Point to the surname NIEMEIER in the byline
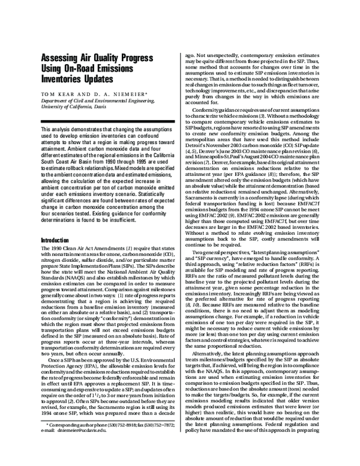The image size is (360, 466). click(128, 95)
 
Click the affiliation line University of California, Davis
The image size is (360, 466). click(71, 108)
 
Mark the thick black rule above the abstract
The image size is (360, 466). click(104, 122)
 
